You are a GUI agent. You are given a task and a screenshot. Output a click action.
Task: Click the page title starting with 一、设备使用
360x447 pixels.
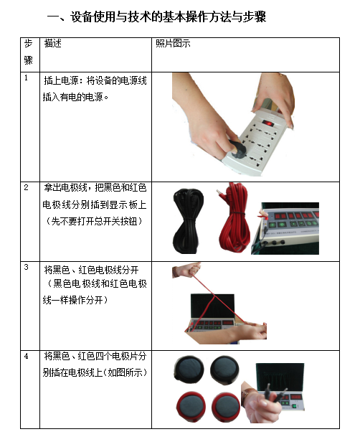click(156, 17)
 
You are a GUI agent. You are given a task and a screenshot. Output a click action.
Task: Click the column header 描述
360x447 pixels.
click(53, 43)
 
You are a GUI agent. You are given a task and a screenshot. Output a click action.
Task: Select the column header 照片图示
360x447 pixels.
click(173, 43)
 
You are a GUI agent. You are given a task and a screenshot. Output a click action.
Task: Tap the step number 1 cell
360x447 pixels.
click(26, 77)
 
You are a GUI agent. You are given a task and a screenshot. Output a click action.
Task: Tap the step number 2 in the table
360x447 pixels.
click(27, 187)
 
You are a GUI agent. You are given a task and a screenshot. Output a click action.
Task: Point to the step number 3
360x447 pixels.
click(27, 267)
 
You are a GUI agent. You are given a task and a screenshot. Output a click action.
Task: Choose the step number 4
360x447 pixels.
click(27, 356)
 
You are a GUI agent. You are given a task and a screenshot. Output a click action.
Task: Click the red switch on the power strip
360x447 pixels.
click(268, 123)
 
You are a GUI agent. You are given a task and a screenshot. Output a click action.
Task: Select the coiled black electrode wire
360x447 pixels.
click(189, 221)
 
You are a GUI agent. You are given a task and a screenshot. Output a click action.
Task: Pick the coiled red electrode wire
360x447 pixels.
click(234, 218)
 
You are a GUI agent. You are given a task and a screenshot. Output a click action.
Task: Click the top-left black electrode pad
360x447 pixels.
click(189, 369)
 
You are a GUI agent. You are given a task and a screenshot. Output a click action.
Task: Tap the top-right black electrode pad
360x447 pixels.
click(224, 370)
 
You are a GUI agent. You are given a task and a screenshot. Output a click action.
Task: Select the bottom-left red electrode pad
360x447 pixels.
click(191, 406)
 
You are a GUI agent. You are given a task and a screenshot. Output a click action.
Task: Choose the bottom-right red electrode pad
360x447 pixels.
click(226, 407)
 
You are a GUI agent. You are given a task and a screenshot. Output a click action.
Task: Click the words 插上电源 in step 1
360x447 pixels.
click(61, 80)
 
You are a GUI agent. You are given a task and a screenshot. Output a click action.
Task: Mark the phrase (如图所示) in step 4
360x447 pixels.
click(125, 372)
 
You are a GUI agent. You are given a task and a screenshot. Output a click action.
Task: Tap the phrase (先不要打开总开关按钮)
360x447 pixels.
click(94, 221)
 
